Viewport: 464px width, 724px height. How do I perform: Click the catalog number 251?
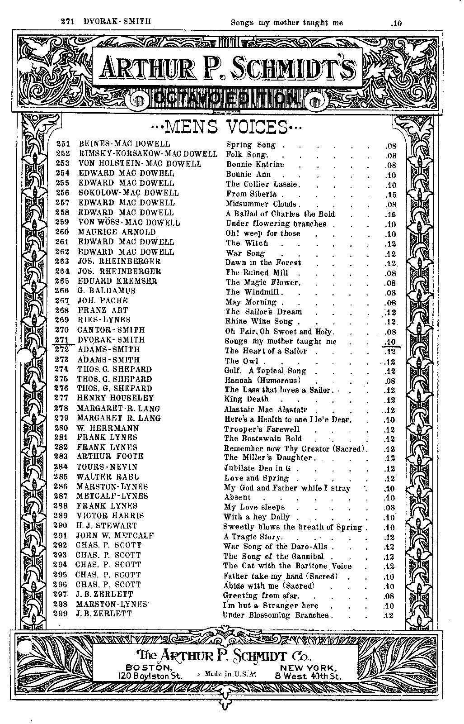click(62, 144)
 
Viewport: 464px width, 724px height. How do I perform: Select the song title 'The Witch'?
click(247, 243)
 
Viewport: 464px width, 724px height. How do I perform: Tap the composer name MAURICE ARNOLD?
click(117, 232)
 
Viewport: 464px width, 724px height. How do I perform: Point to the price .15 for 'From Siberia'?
click(390, 195)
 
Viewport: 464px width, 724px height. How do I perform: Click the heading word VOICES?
click(255, 127)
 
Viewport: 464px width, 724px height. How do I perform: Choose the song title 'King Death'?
click(246, 399)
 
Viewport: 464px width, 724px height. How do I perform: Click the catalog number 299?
click(61, 614)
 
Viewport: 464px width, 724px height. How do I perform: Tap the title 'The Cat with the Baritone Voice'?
click(288, 566)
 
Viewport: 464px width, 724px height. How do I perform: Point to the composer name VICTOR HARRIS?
click(110, 516)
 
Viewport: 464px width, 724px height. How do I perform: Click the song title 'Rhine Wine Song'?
click(259, 322)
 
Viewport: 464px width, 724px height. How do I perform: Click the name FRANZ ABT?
click(103, 310)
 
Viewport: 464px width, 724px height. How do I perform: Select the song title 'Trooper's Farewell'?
click(262, 429)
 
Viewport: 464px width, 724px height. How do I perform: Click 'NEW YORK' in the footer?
click(308, 667)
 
